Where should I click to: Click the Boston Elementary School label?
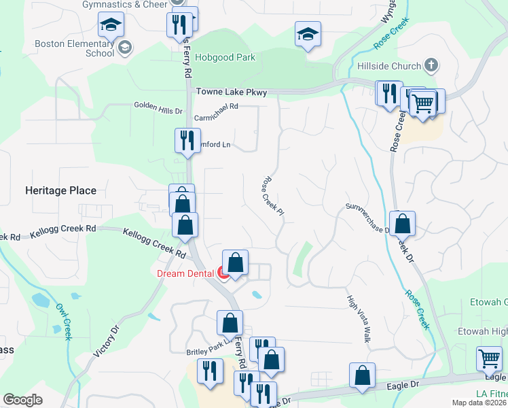coord(75,48)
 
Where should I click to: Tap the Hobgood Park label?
coord(225,58)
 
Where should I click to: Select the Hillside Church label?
coord(390,66)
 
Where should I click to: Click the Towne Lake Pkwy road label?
coord(231,92)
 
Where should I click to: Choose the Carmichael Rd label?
coord(216,107)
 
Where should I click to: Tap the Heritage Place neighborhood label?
coord(60,191)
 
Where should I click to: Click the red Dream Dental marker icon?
coord(223,273)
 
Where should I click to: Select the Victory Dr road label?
coord(106,341)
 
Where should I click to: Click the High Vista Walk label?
coord(358,318)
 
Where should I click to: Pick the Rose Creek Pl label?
coord(272,197)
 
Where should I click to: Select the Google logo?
coord(22,400)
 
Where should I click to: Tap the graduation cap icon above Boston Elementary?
coord(110,26)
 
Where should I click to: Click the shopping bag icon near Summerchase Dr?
coord(402,223)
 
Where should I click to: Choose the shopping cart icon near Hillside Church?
coord(422,103)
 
